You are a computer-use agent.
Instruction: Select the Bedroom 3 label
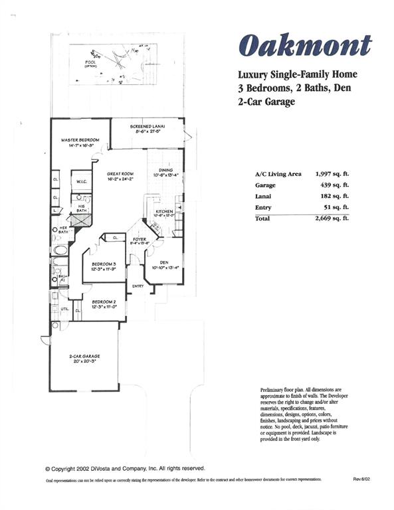(x=104, y=266)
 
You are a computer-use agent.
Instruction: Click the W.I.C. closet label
(x=82, y=181)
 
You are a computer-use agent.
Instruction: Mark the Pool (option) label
(x=91, y=64)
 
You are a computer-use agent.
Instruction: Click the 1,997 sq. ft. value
(x=332, y=174)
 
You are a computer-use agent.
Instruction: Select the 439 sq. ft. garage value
(x=336, y=186)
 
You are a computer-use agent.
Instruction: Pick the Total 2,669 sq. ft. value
(x=332, y=218)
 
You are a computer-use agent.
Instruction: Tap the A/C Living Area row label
(x=278, y=174)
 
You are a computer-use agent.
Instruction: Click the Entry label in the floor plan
(x=138, y=286)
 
